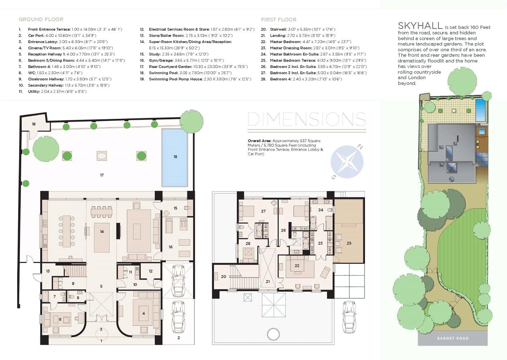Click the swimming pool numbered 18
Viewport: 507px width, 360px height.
175,157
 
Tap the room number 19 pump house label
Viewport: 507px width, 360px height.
34,124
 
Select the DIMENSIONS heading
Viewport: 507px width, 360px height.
307,119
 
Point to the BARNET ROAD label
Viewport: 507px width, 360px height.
453,338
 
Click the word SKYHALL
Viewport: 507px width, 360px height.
420,26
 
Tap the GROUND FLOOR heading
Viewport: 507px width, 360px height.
41,19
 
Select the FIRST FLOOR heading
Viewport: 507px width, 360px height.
279,20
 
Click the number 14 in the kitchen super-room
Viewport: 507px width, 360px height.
102,231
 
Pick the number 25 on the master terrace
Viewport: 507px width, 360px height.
349,243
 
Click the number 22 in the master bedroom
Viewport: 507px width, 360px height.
297,266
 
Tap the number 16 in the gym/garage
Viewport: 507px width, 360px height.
171,247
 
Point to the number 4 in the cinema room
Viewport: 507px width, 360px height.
144,313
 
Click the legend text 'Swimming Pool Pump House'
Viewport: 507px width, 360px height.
176,79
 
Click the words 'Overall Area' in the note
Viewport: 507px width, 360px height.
259,141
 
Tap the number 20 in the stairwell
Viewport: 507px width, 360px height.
223,276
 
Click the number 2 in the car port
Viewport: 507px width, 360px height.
179,338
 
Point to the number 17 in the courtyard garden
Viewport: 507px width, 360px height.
102,175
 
